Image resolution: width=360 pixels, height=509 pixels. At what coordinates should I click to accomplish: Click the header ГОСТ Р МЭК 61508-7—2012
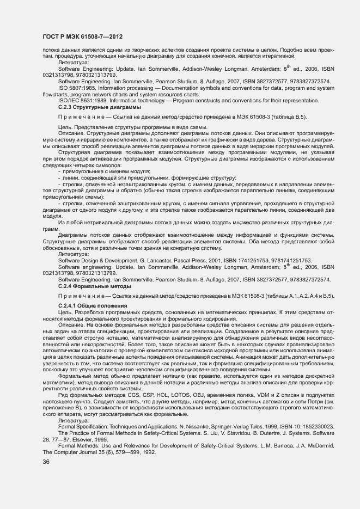coord(82,36)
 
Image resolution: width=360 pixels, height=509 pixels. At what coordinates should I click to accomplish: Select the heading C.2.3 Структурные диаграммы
coord(90,107)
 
